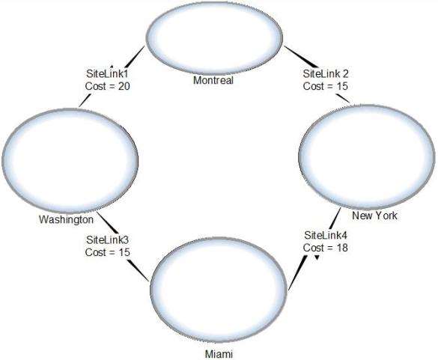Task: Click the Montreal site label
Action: [213, 80]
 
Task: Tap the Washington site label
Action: [66, 219]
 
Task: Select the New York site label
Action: [374, 216]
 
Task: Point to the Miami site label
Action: [219, 354]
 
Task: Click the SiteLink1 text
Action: [107, 74]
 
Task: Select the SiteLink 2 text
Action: [326, 74]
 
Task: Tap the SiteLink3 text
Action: [107, 240]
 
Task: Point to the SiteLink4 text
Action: [326, 236]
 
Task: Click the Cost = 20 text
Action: [108, 86]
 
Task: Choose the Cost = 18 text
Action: [326, 248]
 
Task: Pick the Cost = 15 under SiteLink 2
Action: [326, 86]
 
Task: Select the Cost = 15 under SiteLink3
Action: [108, 252]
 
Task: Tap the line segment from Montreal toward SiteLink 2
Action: [302, 57]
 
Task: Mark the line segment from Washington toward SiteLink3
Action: [109, 223]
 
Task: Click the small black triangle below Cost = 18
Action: [317, 257]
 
